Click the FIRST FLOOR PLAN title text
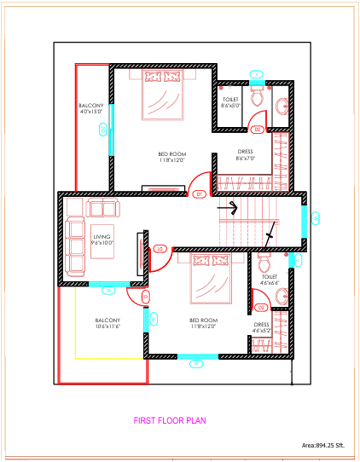(x=169, y=420)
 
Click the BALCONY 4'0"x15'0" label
(x=90, y=107)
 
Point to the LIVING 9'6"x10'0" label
(x=102, y=240)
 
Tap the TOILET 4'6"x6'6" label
(x=269, y=280)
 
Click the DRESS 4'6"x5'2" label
(x=261, y=328)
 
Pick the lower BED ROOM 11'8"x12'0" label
(x=202, y=323)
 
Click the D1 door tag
(x=198, y=194)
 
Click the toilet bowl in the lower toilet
(x=263, y=258)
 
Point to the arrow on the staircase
(x=227, y=205)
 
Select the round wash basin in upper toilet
(x=282, y=106)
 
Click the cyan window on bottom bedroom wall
(x=195, y=357)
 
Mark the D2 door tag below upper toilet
(x=257, y=130)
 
